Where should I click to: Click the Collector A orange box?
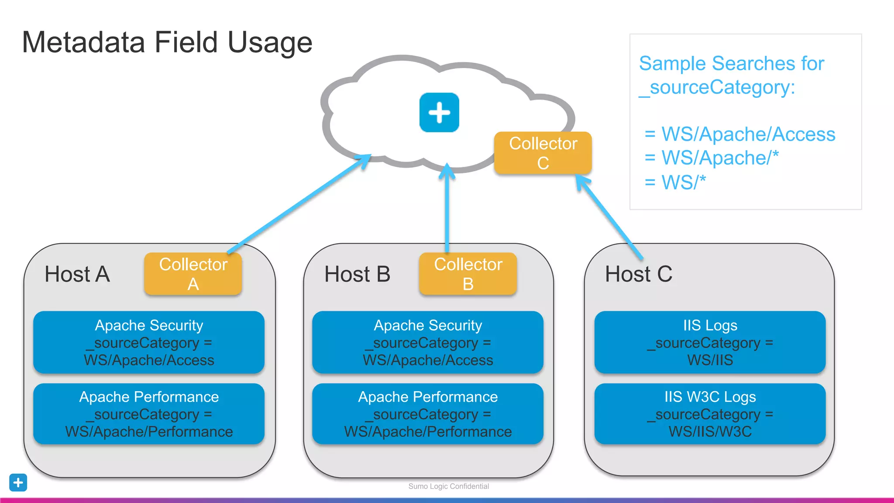tap(193, 274)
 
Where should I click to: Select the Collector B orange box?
tap(468, 274)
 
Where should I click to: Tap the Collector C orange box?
tap(543, 153)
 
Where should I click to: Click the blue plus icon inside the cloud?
tap(439, 112)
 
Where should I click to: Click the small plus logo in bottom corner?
tap(18, 482)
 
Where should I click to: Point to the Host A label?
tap(77, 274)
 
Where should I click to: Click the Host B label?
tap(357, 274)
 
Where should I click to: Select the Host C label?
tap(638, 274)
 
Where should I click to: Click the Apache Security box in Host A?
tap(149, 342)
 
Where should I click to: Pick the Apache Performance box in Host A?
tap(149, 414)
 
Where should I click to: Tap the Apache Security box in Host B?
tap(428, 342)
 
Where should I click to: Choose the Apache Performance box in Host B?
tap(428, 414)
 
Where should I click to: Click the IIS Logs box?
tap(710, 342)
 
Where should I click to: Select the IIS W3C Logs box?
tap(710, 414)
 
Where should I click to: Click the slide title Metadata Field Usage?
tap(167, 42)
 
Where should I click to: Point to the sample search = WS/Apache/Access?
tap(740, 134)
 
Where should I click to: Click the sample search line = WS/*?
tap(675, 182)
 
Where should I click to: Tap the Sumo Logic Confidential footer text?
tap(448, 486)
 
